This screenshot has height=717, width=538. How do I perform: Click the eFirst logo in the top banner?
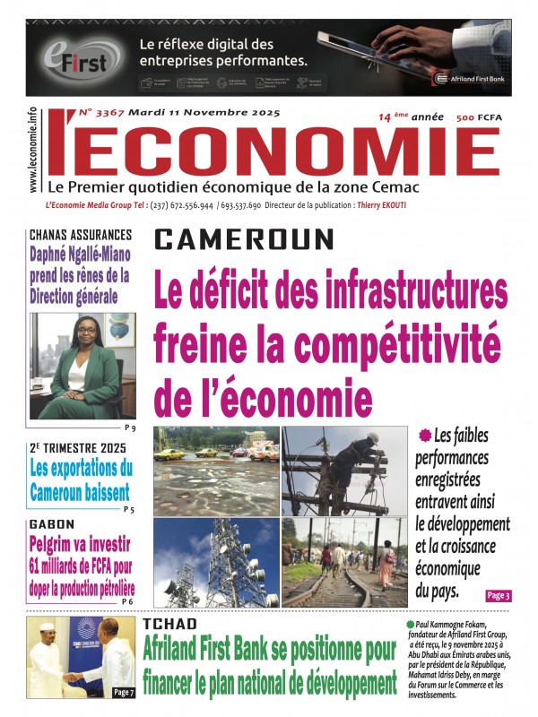[79, 57]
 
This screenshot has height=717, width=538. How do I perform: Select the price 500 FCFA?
[477, 118]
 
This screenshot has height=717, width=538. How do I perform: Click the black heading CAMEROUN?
[244, 238]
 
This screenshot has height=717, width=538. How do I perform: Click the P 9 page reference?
[130, 428]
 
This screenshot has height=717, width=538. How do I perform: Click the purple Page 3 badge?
[498, 595]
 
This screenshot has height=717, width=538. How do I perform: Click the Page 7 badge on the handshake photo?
[122, 692]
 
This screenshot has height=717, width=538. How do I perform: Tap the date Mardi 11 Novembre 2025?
[204, 113]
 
